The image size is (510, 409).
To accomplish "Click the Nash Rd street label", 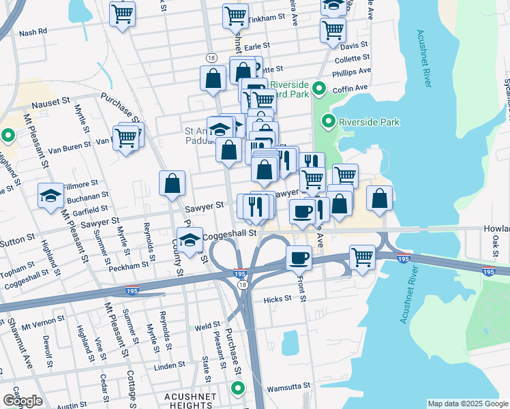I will pos(33,32).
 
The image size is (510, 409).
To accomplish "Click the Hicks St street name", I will pos(277,299).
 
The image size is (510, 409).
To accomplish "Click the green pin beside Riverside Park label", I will pos(329,122).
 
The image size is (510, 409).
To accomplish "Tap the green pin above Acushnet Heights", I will pos(237,389).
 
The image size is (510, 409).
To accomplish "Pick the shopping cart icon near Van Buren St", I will pos(125,138).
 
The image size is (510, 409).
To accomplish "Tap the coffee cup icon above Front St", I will pos(299,258).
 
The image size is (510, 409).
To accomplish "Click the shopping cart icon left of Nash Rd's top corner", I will pos(122,14).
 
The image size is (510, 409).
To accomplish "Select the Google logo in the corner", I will pos(22,401).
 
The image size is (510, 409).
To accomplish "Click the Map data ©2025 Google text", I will pos(467,404).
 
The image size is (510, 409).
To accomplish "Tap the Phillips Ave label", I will pos(352,71).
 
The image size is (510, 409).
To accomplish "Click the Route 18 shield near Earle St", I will pos(212,59).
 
